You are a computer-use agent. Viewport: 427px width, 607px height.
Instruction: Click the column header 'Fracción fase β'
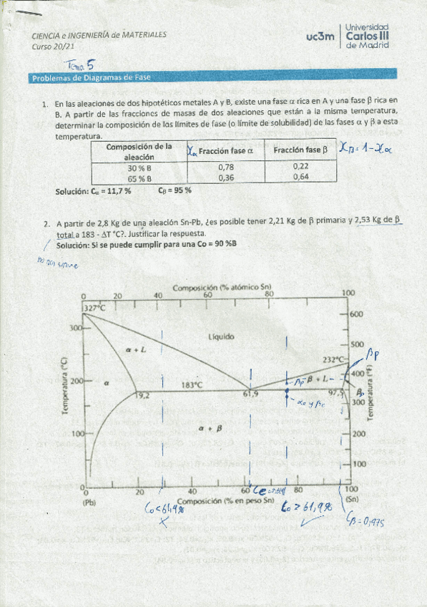300,150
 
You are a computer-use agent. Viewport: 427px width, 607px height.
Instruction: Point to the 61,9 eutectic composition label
250,394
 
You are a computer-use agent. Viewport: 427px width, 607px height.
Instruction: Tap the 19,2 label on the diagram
143,394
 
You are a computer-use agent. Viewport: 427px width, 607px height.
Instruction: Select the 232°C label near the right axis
335,359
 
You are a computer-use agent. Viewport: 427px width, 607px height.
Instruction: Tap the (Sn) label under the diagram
350,500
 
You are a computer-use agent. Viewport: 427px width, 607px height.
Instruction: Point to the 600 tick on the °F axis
357,314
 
